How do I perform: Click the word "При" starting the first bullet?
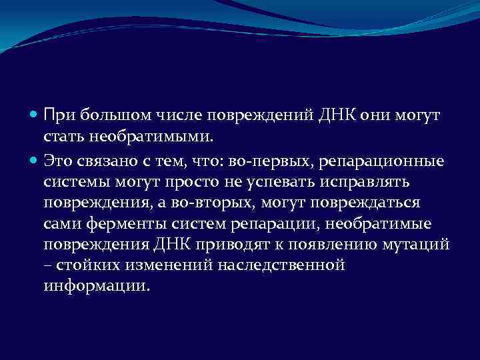click(57, 117)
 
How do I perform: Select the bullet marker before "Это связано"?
click(35, 161)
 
